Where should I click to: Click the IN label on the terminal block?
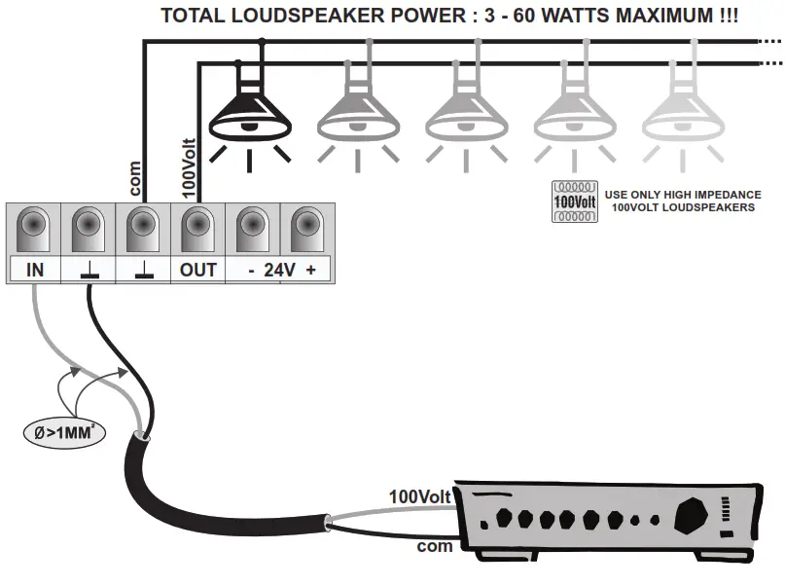pos(34,270)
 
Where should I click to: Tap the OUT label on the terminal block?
pos(198,270)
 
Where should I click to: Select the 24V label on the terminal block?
pos(280,270)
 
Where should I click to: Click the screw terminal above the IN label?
pos(34,230)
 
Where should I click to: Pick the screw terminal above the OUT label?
pos(198,230)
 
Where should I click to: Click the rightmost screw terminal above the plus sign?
pos(307,230)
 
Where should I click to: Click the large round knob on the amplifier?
pos(693,512)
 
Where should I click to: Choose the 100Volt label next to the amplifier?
pos(420,497)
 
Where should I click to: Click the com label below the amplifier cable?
pos(435,546)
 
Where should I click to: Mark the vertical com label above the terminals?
pos(135,180)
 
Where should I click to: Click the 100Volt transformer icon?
pos(573,201)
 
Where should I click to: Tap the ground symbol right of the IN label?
pos(89,271)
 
